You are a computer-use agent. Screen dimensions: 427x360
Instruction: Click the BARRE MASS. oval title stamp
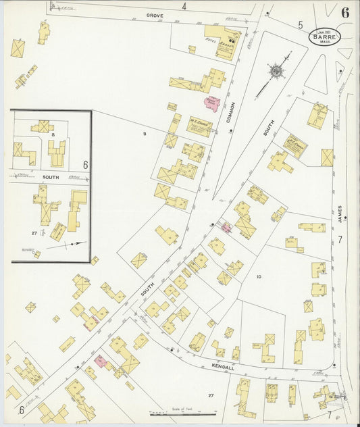point(325,36)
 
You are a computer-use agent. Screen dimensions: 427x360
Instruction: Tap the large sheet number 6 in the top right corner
point(345,13)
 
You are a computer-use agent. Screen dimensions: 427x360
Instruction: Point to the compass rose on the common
point(276,71)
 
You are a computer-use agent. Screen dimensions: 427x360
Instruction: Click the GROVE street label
point(155,14)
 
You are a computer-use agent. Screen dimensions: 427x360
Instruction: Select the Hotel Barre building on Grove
point(224,40)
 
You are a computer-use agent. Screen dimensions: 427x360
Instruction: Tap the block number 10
point(259,276)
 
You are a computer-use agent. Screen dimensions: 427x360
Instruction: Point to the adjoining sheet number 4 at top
point(184,6)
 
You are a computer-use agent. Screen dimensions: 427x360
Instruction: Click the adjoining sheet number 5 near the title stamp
point(301,25)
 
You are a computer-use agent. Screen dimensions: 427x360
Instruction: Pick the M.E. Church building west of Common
point(200,126)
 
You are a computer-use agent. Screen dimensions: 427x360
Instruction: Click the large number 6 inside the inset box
point(85,164)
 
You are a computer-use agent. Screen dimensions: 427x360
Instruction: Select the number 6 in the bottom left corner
point(22,409)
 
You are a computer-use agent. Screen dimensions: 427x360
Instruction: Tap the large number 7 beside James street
point(340,239)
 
